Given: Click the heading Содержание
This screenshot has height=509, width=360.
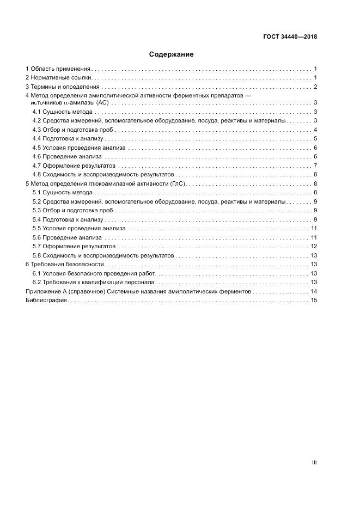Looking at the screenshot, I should pyautogui.click(x=172, y=54).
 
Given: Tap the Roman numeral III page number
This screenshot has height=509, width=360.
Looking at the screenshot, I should pyautogui.click(x=314, y=462).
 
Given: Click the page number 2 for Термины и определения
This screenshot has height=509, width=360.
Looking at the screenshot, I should pyautogui.click(x=315, y=87).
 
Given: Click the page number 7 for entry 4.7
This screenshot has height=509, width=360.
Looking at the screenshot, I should pyautogui.click(x=315, y=165).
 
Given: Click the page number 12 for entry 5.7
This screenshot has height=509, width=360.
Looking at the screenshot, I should pyautogui.click(x=314, y=247).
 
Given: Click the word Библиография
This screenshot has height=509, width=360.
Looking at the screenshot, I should pyautogui.click(x=46, y=301).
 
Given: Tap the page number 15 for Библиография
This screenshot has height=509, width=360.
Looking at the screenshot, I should pyautogui.click(x=314, y=301).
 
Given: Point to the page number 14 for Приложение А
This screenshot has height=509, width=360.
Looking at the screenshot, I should pyautogui.click(x=314, y=292).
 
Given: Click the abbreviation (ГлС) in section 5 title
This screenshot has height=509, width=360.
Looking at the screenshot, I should pyautogui.click(x=178, y=183).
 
